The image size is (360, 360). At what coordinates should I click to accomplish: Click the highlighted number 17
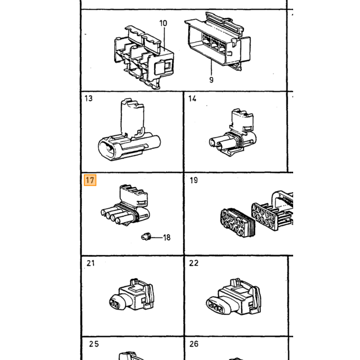point(90,180)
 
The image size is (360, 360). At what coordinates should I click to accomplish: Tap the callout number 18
point(167,238)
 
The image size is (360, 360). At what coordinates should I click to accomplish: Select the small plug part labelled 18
point(146,236)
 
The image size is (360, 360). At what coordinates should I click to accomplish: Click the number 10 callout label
point(163,23)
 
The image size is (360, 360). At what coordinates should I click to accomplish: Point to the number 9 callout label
point(211,80)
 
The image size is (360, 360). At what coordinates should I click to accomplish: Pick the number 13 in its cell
point(88,98)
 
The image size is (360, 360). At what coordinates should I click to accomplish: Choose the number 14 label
point(192,99)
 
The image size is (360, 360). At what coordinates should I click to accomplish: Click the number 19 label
point(194,180)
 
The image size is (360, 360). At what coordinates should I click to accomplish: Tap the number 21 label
point(91,263)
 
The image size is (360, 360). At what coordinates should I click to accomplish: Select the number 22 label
point(194,263)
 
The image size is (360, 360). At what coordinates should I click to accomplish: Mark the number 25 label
point(94,344)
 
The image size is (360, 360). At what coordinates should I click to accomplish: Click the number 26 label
point(194,344)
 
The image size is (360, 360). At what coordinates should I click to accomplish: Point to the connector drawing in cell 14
point(233,133)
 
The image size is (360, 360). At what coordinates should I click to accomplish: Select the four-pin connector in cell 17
point(125,205)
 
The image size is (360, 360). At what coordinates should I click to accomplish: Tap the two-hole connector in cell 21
point(132,295)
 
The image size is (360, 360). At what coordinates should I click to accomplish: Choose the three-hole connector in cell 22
point(233,297)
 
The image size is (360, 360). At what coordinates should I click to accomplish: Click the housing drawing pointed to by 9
point(218,41)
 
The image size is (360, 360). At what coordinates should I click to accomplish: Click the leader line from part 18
point(157,238)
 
